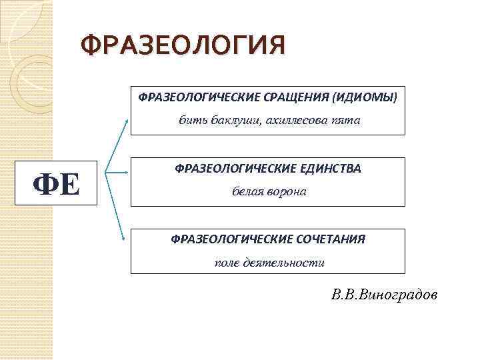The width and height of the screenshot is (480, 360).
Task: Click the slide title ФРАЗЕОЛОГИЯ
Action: point(182,47)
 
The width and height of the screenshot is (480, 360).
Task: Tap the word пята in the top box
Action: point(345,121)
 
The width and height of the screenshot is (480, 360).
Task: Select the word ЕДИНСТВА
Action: point(326,169)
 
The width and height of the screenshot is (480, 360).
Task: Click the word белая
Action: point(246,191)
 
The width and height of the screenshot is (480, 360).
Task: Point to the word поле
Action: point(225,263)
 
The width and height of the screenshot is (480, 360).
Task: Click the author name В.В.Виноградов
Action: point(385,294)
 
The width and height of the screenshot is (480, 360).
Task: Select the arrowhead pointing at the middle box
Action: point(126,173)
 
